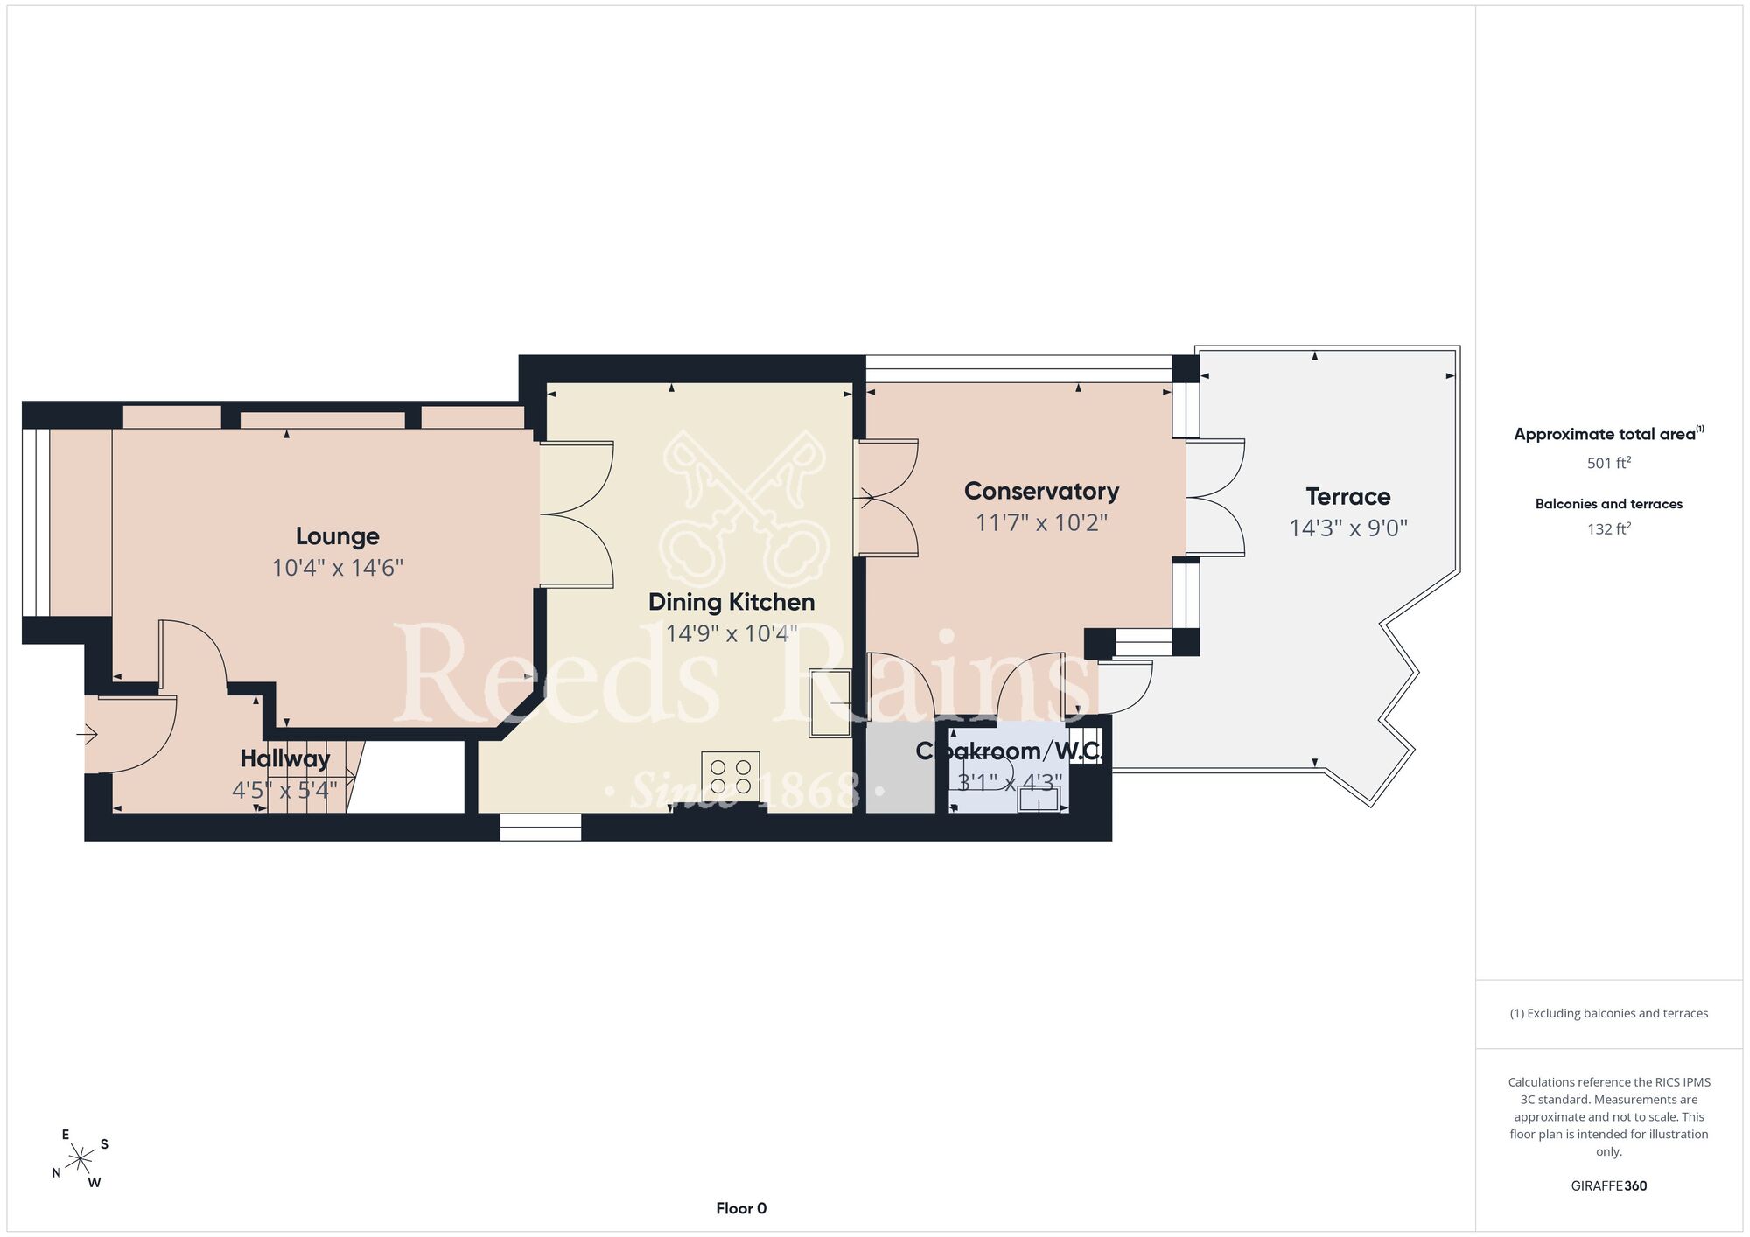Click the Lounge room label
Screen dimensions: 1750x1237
coord(337,536)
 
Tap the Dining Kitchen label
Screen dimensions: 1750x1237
coord(731,602)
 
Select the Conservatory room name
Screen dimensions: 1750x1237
coord(1041,491)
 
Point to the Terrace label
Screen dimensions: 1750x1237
coord(1348,497)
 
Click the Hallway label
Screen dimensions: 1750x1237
coord(285,758)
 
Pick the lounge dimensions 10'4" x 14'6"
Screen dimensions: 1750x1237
coord(337,568)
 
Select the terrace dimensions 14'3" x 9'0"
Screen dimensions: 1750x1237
coord(1348,528)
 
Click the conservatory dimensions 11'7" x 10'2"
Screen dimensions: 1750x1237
coord(1041,522)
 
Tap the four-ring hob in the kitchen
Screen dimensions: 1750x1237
coord(731,777)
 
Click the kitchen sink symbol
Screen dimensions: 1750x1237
coord(829,703)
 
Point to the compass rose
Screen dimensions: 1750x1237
coord(80,1159)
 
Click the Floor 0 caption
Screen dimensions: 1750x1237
coord(741,1208)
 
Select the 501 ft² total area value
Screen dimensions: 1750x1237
coord(1609,463)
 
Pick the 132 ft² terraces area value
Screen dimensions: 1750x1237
coord(1609,528)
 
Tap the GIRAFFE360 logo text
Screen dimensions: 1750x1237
coord(1609,1186)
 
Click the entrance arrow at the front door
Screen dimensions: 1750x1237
coord(87,735)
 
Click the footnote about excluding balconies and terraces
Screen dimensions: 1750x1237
coord(1609,1013)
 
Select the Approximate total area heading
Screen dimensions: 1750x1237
coord(1609,434)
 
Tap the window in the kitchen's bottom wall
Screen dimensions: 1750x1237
coord(541,828)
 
